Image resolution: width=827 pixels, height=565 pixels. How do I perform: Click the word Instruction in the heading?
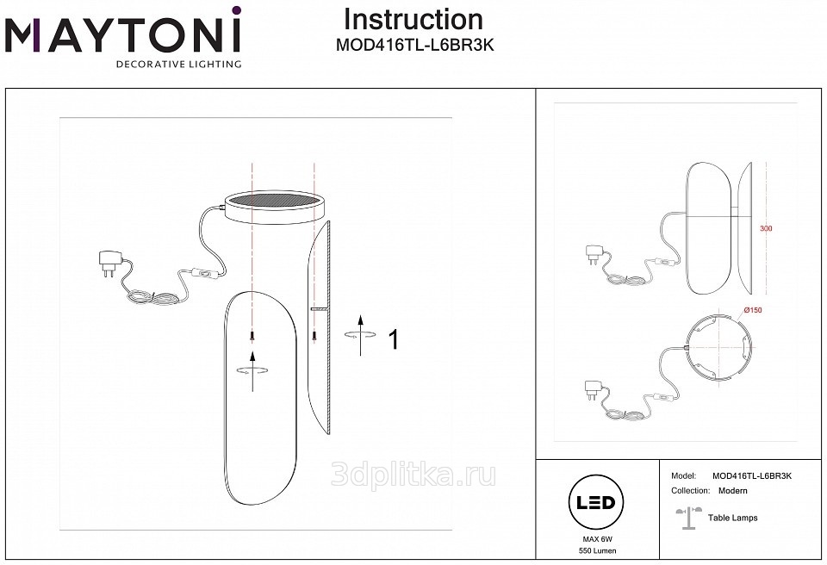pos(413,20)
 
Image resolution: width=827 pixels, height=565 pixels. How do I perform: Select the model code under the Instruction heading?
pos(415,46)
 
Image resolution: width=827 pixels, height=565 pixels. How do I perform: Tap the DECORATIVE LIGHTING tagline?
pos(178,65)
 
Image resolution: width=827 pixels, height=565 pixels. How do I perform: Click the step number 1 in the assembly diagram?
pos(394,339)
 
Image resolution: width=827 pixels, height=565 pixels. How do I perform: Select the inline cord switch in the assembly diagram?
pos(202,273)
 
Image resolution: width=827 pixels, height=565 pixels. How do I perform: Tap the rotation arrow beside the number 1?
pos(361,334)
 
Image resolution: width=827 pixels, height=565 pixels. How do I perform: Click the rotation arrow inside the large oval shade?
pos(252,370)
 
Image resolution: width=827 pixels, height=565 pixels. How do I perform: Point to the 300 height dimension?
pos(766,229)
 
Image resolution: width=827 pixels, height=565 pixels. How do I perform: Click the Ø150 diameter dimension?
pos(753,310)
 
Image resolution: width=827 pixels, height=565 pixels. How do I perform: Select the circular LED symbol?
pos(596,502)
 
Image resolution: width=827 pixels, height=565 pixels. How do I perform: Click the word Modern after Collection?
pos(732,491)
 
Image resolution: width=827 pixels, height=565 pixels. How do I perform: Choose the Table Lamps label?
pos(732,518)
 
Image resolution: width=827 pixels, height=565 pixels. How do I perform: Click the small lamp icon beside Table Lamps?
pos(689,518)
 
